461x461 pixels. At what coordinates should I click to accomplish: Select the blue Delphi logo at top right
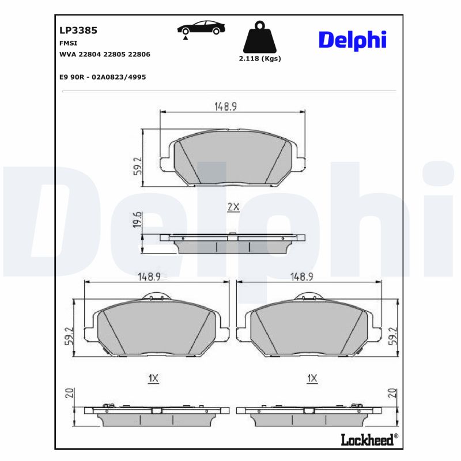[x=352, y=40]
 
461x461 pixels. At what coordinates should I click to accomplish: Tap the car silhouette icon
[x=201, y=29]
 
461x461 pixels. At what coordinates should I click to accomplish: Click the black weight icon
[x=259, y=37]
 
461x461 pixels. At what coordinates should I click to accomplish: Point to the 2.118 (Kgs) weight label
[x=259, y=59]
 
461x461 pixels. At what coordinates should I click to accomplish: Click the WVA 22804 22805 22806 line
[x=105, y=54]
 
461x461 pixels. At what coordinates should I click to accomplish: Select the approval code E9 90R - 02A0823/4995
[x=103, y=76]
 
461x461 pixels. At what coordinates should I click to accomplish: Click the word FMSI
[x=69, y=43]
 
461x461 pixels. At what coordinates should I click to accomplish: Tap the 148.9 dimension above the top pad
[x=226, y=105]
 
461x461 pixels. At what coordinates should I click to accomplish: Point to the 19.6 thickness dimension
[x=137, y=220]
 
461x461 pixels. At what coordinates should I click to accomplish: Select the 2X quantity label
[x=233, y=207]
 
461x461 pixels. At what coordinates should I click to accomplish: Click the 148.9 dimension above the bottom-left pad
[x=148, y=277]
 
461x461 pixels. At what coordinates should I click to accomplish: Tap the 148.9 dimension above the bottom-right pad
[x=301, y=277]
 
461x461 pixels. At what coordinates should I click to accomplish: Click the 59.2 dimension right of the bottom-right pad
[x=394, y=336]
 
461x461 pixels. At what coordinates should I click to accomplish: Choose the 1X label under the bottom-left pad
[x=153, y=379]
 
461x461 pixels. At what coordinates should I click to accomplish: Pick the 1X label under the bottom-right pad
[x=312, y=379]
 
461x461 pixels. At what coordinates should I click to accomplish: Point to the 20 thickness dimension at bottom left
[x=69, y=394]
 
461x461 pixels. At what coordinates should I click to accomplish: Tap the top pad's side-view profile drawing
[x=232, y=243]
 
